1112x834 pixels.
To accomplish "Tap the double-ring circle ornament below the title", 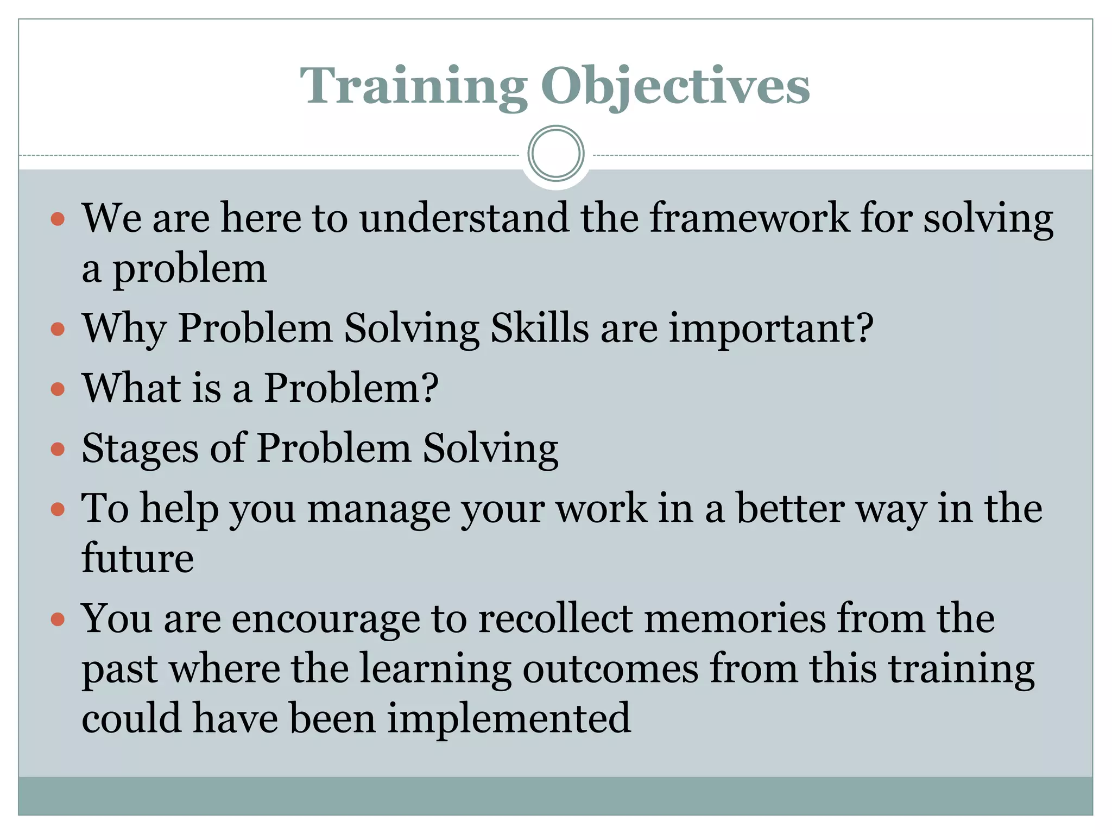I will (x=555, y=154).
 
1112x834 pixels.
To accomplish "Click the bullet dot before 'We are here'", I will (x=58, y=219).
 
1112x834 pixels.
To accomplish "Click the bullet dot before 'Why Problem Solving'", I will (x=58, y=329).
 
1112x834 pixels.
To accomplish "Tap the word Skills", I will (x=539, y=329).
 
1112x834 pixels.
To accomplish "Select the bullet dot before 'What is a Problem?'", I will (x=58, y=389).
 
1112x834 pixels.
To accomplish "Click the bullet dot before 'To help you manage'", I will (x=58, y=509).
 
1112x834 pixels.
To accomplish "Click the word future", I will (x=137, y=558).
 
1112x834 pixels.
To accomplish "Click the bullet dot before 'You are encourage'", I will (x=58, y=619).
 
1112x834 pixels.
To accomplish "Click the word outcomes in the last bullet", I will (x=610, y=669).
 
